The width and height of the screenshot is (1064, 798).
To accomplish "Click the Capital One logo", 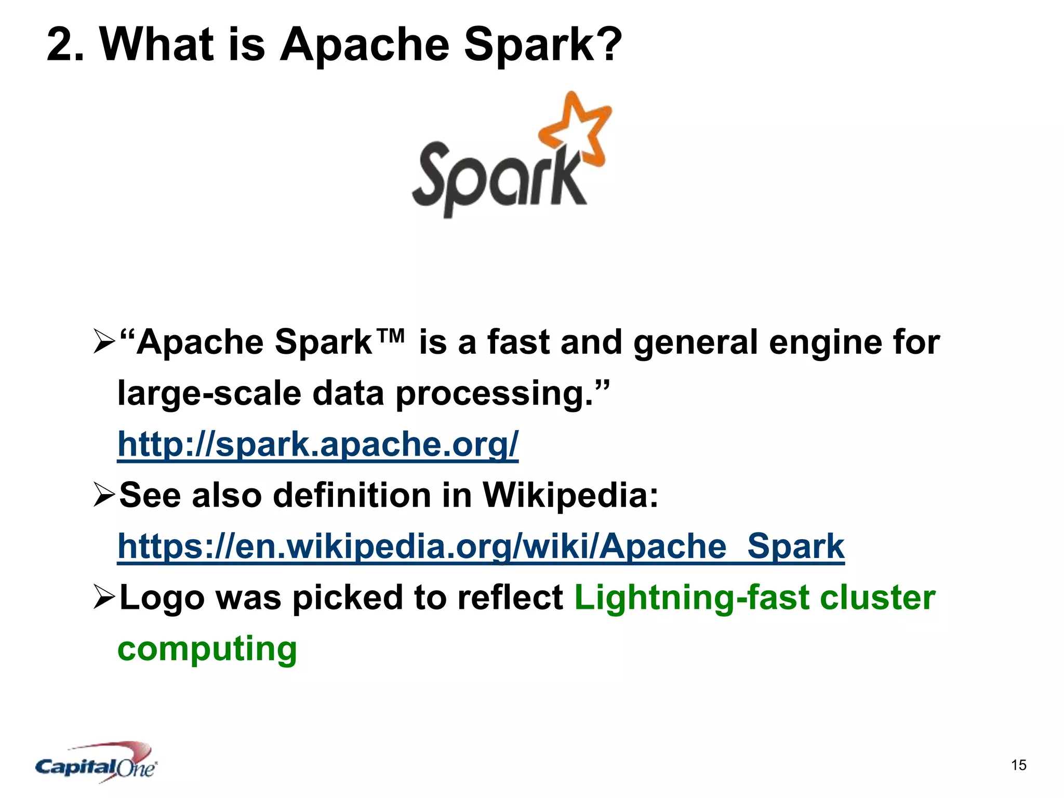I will [96, 763].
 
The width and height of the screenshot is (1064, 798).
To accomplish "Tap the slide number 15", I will [1018, 765].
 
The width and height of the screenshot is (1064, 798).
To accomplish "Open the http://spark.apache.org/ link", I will [317, 445].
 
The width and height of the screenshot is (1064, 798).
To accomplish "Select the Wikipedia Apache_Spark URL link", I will [481, 547].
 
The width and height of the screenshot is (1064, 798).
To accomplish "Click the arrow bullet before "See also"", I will [103, 495].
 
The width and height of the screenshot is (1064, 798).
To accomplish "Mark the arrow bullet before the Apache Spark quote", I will [103, 343].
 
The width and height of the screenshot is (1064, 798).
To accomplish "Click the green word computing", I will [207, 649].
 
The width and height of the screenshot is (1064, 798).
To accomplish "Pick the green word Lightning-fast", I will [691, 597].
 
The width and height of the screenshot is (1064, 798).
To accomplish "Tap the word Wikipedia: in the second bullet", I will [570, 495].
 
